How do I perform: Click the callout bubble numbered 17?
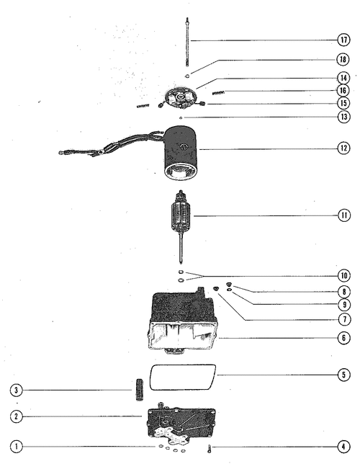pos(343,40)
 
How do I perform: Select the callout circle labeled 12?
pos(343,148)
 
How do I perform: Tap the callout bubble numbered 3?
pos(16,390)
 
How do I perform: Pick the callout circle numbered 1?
pos(16,447)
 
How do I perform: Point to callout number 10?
pos(344,275)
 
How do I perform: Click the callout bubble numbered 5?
pos(343,375)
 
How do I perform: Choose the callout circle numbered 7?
pos(344,319)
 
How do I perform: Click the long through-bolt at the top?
pos(187,43)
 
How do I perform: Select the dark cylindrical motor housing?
pos(181,153)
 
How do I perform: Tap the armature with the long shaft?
pos(181,227)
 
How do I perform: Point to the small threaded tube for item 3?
pos(140,390)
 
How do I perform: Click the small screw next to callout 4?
pos(209,448)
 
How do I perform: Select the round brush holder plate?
pos(180,97)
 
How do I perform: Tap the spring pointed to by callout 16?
pos(218,93)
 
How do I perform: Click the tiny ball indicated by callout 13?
pos(181,118)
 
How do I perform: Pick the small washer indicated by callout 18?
pos(187,76)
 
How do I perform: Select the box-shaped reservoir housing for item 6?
pos(184,321)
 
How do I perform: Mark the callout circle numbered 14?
pos(343,78)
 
